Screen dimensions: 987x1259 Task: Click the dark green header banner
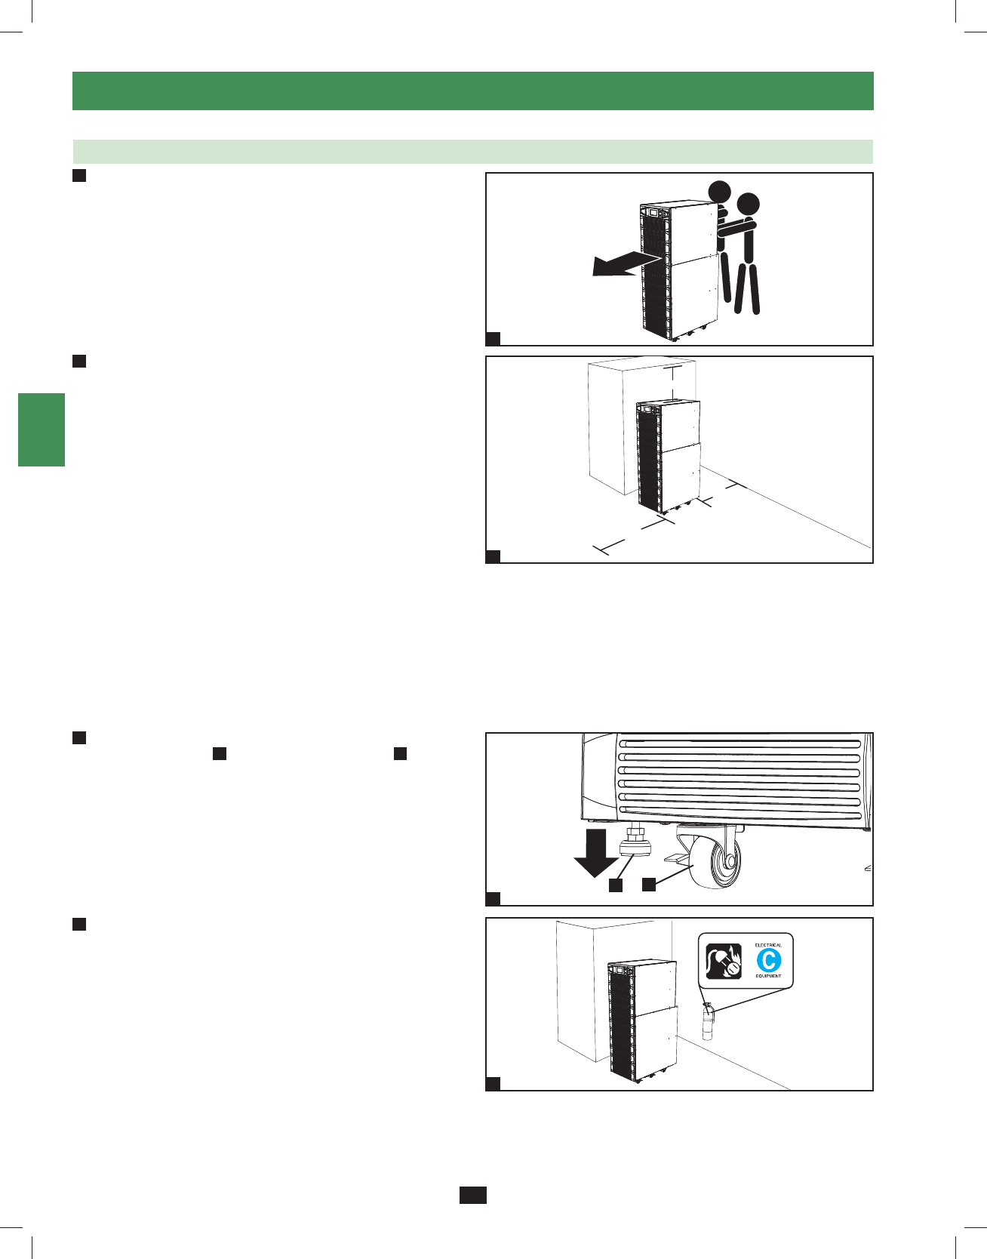pos(472,91)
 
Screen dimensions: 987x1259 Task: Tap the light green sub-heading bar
pos(472,151)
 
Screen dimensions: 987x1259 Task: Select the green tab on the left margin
pos(42,429)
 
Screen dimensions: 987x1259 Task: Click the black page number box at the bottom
pos(473,1194)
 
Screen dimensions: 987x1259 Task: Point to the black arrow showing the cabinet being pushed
pos(623,264)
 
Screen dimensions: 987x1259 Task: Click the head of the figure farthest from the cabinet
pos(748,204)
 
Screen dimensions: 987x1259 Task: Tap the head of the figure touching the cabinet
pos(719,191)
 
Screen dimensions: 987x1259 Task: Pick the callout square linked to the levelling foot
pos(616,885)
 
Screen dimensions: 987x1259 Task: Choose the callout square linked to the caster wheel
pos(649,884)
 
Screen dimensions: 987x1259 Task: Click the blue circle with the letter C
pos(769,960)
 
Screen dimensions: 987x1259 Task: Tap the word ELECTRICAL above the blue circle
pos(768,945)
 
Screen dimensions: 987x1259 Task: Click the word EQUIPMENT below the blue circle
pos(768,976)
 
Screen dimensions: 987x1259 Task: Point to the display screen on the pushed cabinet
pos(650,213)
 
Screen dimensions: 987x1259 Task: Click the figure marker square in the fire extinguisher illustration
pos(493,1084)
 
